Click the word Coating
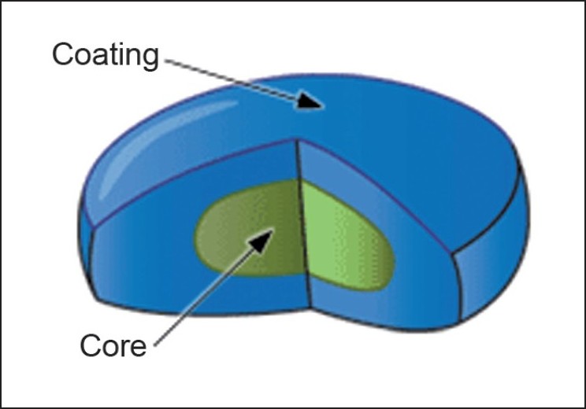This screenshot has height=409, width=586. tap(106, 56)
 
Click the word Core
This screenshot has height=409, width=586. tap(113, 345)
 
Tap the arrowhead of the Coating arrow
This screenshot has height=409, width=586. tap(310, 101)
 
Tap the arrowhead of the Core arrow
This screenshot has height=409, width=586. tap(261, 241)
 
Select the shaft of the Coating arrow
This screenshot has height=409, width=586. tap(232, 79)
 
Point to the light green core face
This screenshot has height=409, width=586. tap(346, 237)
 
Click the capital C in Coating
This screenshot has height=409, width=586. tap(64, 54)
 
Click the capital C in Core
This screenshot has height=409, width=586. tap(91, 345)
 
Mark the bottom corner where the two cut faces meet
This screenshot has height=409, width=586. tap(311, 308)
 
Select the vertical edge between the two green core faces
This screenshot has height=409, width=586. tap(303, 227)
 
